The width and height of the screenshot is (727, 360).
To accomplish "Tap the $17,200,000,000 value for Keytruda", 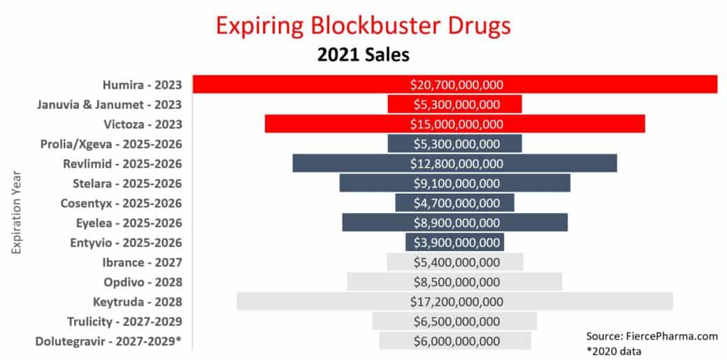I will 455,302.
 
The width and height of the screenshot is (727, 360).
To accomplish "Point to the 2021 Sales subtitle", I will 363,55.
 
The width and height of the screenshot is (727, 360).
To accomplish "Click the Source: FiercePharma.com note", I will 652,336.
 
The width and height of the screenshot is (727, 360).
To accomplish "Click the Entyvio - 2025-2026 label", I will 127,243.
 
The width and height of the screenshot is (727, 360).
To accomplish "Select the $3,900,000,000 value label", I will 455,243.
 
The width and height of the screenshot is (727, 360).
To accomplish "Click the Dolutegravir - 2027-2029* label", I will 109,341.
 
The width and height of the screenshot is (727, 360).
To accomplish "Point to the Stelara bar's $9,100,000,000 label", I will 455,183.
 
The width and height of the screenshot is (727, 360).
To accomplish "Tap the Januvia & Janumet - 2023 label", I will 109,104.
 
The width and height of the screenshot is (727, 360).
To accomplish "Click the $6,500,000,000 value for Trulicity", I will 455,322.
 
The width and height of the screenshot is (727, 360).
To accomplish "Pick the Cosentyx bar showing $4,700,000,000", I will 455,203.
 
